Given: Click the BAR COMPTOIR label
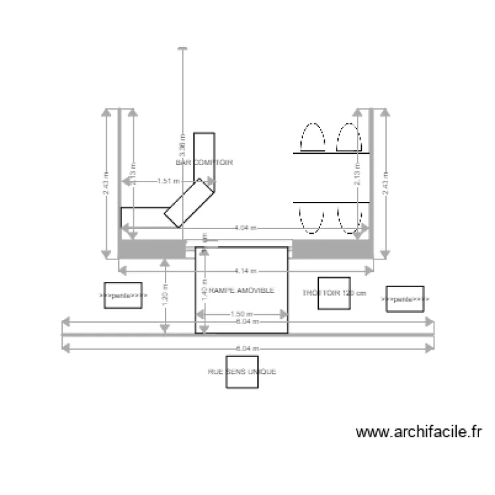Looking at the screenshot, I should (x=205, y=162).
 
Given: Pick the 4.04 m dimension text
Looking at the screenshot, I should (x=246, y=228).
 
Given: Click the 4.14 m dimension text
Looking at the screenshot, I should (x=246, y=271).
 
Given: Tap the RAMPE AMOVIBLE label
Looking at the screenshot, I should (x=236, y=290).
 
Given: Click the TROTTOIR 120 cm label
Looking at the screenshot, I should (x=333, y=293).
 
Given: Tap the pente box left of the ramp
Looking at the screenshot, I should (x=123, y=296).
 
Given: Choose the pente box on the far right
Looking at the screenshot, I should (x=405, y=299).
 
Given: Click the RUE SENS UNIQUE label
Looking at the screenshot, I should (x=242, y=372).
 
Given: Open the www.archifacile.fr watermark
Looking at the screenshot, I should (x=419, y=432).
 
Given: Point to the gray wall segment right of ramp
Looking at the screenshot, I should (x=330, y=249).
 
